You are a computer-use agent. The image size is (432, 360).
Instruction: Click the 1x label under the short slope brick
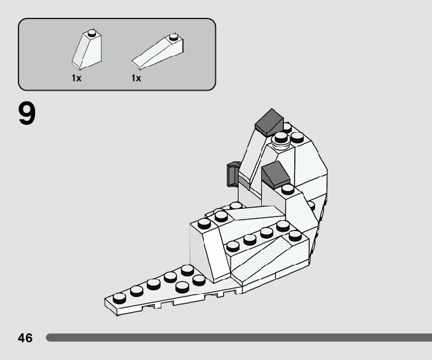tap(76, 78)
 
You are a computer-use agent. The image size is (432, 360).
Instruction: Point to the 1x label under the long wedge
tap(136, 78)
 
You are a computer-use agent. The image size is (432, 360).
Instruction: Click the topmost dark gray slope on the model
tap(269, 119)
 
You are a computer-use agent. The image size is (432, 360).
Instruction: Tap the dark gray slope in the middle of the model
tap(276, 173)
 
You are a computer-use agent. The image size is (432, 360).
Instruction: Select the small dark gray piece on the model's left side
tap(232, 174)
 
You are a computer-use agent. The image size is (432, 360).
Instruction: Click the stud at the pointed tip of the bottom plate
tap(119, 297)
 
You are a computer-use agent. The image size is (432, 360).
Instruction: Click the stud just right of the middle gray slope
tap(288, 189)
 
